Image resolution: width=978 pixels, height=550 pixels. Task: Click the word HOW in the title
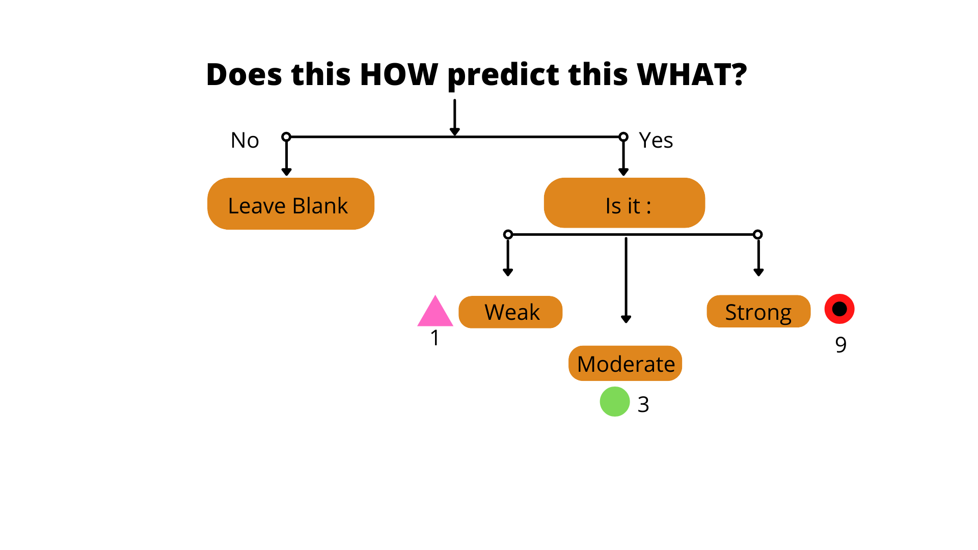[x=399, y=74]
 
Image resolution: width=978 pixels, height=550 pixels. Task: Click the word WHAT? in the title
[x=692, y=74]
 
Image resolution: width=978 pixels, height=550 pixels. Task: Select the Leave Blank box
[x=291, y=204]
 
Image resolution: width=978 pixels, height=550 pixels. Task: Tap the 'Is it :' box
[x=624, y=203]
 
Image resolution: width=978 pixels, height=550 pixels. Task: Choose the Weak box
[x=510, y=312]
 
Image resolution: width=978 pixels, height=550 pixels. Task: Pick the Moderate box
[x=625, y=363]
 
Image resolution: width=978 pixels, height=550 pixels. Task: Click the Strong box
[x=758, y=311]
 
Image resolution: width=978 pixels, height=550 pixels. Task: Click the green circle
[x=615, y=401]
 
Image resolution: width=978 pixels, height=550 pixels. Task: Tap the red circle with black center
[x=839, y=309]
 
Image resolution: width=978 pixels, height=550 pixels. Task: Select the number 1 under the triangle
[x=434, y=338]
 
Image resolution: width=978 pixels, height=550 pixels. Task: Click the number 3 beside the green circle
[x=643, y=404]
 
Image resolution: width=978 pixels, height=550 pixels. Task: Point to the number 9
[x=841, y=345]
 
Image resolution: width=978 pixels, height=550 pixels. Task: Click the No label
[x=245, y=140]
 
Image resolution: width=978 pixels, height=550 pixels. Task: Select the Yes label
[x=656, y=140]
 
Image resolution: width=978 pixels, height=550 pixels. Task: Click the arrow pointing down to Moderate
[x=626, y=280]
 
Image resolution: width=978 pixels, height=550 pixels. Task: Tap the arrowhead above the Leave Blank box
[x=286, y=172]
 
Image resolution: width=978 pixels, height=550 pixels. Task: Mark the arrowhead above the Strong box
[x=758, y=272]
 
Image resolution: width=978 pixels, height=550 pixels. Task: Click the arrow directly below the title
[x=455, y=118]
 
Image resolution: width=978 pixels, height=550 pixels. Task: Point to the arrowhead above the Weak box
[x=508, y=272]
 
